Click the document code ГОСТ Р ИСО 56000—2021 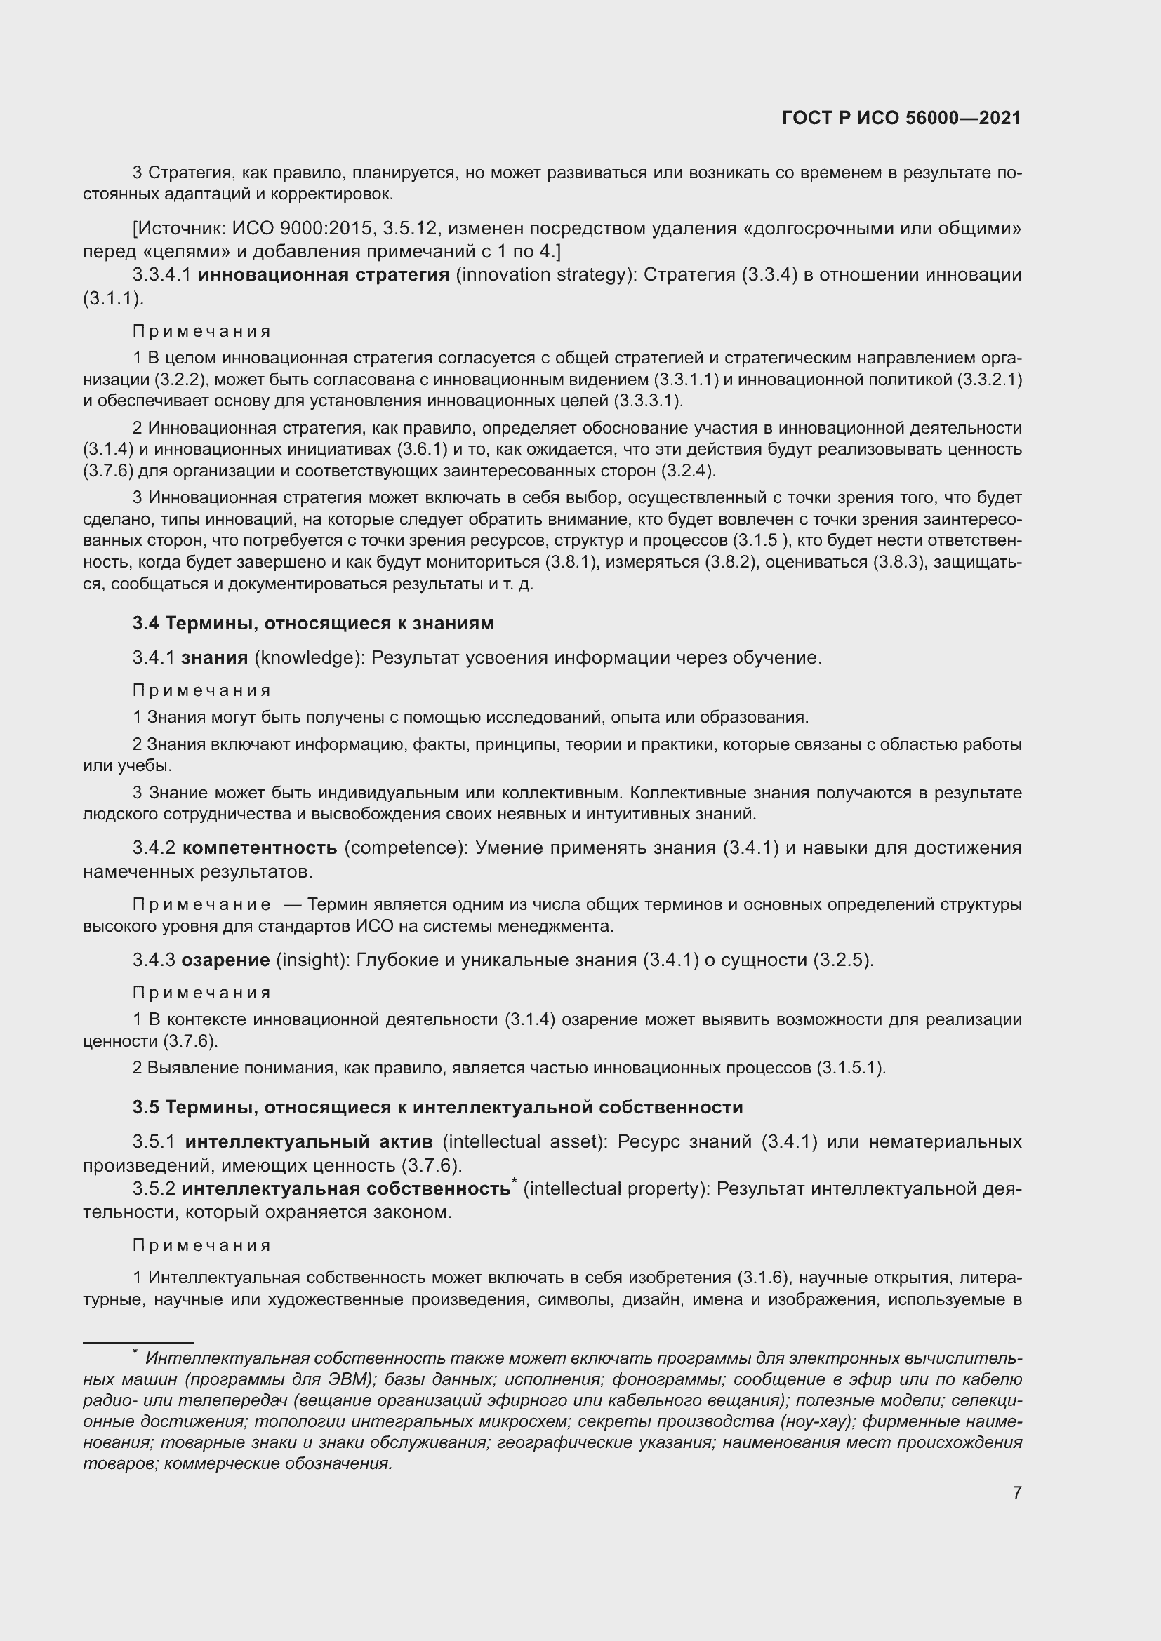(901, 118)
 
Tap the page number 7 (1016, 1492)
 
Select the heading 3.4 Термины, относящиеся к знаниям (313, 623)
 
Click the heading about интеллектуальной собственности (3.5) (437, 1107)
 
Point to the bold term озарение (225, 960)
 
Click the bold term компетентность (260, 848)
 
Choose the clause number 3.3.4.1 (161, 275)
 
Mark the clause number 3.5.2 (154, 1188)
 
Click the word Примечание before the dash (201, 905)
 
